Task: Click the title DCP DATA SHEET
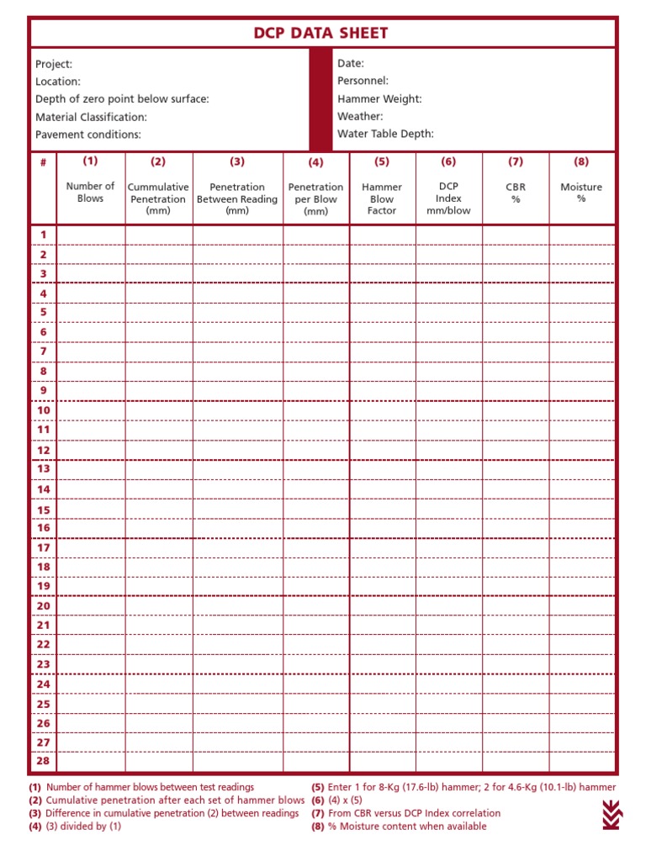(x=321, y=34)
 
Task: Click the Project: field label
(x=54, y=64)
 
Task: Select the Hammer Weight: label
(x=379, y=98)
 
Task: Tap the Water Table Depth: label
(x=385, y=134)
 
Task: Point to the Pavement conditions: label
(x=88, y=135)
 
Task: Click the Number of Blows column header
(x=90, y=192)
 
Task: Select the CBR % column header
(x=515, y=193)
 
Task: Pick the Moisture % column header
(x=581, y=193)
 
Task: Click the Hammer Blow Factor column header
(x=382, y=198)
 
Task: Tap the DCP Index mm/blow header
(x=448, y=198)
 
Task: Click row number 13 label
(x=44, y=469)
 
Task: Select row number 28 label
(x=44, y=761)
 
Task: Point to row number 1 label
(x=44, y=235)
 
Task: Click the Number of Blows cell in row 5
(x=91, y=313)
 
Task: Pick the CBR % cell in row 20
(x=515, y=605)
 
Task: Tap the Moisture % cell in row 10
(x=581, y=410)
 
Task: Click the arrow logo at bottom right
(x=612, y=814)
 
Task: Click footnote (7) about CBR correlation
(x=405, y=813)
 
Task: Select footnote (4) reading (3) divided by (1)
(x=76, y=827)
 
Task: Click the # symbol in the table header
(x=43, y=162)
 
